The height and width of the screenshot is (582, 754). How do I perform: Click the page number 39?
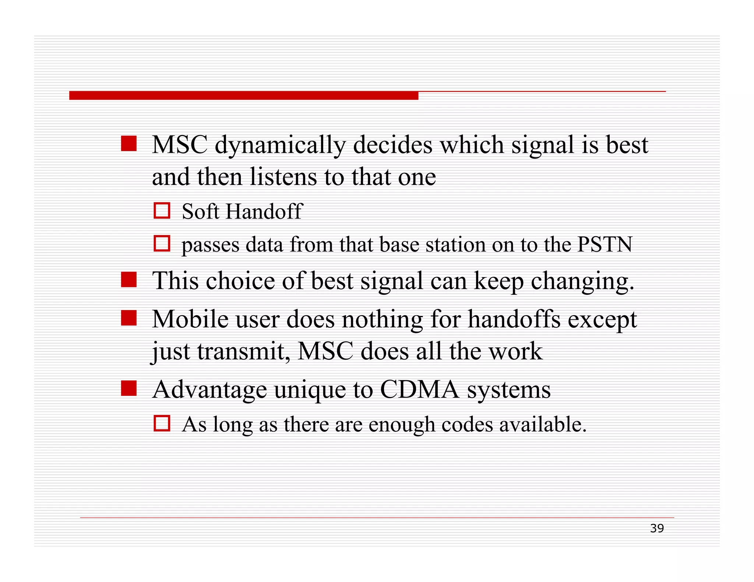tap(656, 528)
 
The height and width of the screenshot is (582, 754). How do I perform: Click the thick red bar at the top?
tap(243, 95)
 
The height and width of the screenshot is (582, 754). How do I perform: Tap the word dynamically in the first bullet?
tap(280, 145)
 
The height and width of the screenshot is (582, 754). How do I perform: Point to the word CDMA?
tap(419, 389)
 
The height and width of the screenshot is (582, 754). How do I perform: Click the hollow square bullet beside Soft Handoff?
tap(162, 211)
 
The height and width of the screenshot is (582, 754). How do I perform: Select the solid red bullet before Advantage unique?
tap(129, 388)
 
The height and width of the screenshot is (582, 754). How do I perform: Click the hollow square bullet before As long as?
tap(162, 423)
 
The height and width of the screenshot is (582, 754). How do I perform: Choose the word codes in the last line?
tap(467, 425)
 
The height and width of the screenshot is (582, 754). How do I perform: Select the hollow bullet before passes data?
tap(162, 244)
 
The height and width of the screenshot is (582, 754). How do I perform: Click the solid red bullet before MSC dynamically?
tap(129, 143)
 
